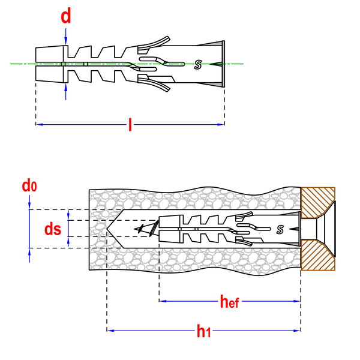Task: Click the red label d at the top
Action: (66, 16)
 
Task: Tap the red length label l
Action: (130, 125)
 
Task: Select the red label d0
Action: (29, 186)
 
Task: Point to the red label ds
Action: (53, 229)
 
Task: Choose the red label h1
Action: (203, 331)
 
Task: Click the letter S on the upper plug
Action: (197, 65)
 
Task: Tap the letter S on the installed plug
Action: (280, 229)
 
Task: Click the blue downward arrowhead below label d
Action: (66, 41)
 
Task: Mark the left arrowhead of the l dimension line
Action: (40, 125)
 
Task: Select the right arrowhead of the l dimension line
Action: (221, 125)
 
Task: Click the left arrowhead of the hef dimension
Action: (163, 301)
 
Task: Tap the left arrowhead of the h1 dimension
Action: (110, 331)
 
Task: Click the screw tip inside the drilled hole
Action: (135, 229)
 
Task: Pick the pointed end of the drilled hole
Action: (107, 229)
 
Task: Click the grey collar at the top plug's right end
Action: (223, 64)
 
